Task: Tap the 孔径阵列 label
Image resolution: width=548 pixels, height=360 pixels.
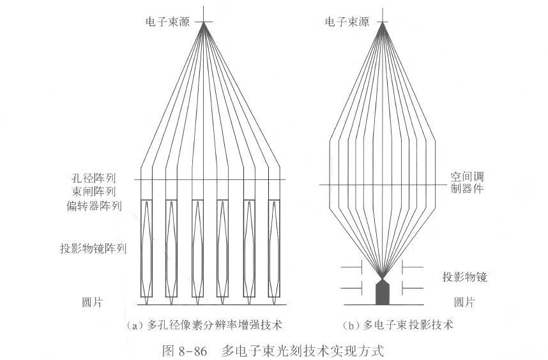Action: tap(96, 178)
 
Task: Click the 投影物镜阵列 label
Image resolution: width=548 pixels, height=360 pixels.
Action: tap(93, 249)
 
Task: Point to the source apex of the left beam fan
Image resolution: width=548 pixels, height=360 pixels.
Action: tap(205, 22)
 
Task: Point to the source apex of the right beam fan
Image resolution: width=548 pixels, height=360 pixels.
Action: tap(382, 22)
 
